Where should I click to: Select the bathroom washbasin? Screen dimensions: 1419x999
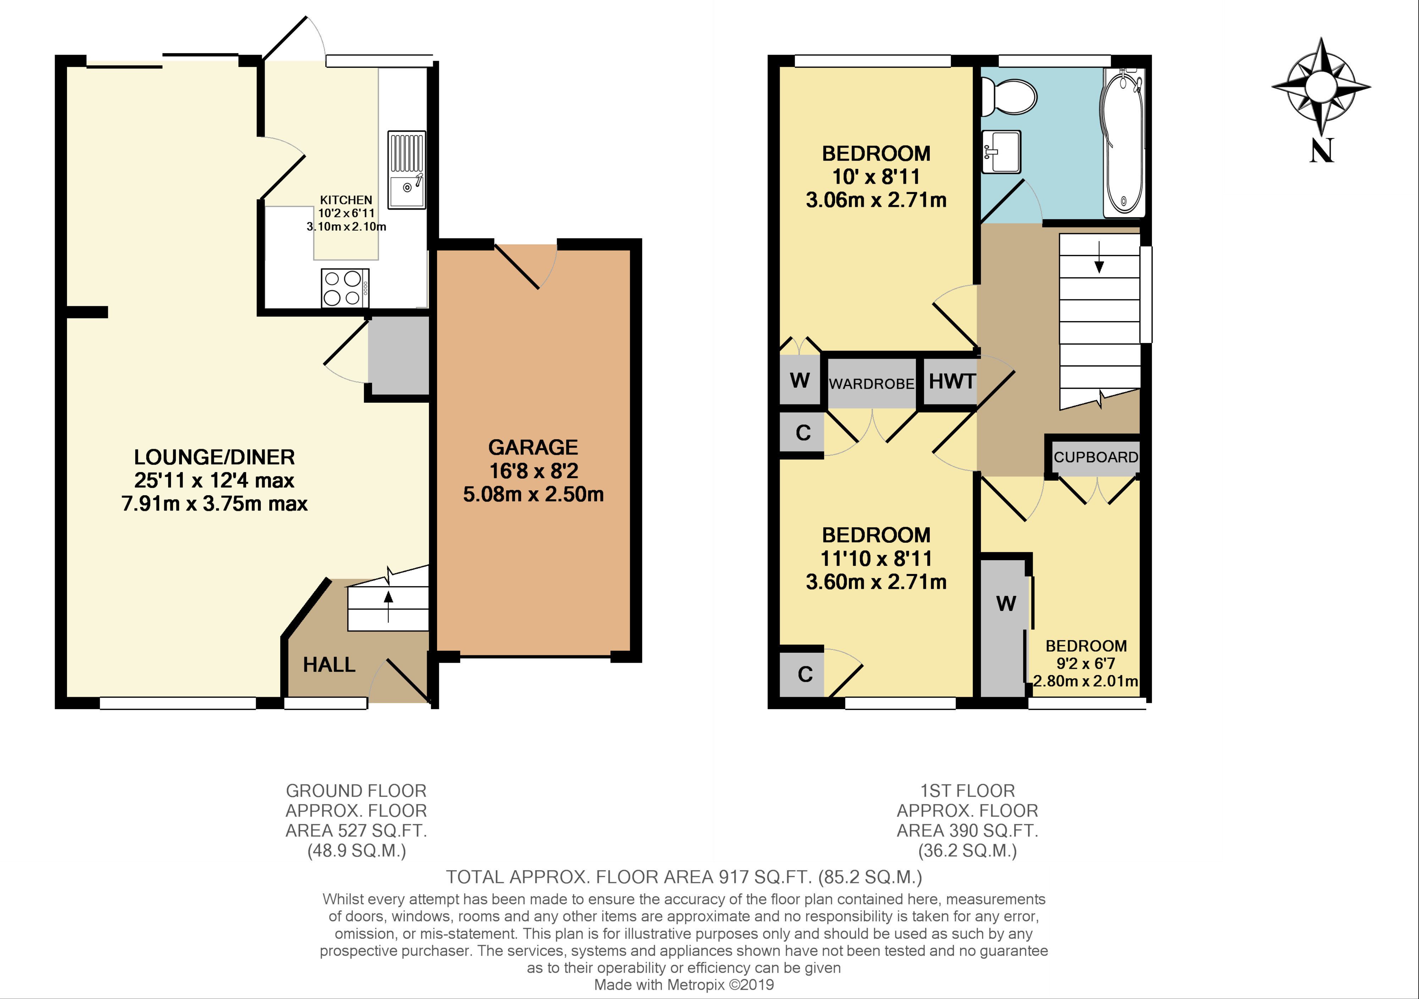tap(1001, 151)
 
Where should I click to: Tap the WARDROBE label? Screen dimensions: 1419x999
tap(871, 384)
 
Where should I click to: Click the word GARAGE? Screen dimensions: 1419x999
tap(533, 447)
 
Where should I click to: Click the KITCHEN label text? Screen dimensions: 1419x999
tap(346, 200)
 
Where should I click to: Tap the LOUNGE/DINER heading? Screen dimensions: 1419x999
tap(215, 457)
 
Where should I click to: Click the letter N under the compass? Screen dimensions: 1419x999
tap(1321, 150)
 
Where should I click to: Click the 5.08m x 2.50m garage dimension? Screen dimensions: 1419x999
tap(533, 494)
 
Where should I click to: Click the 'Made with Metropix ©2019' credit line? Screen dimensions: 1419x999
tap(684, 985)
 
